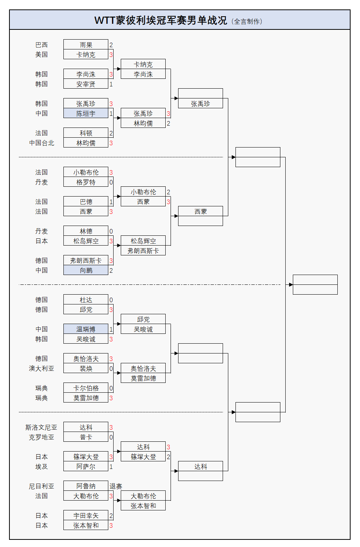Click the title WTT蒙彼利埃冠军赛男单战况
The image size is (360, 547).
pyautogui.click(x=161, y=20)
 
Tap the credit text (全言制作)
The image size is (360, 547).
pyautogui.click(x=247, y=22)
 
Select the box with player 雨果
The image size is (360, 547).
pyautogui.click(x=86, y=45)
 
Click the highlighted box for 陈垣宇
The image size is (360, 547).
pyautogui.click(x=86, y=113)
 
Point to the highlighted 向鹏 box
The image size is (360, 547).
pyautogui.click(x=86, y=270)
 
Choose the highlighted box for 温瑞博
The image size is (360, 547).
pyautogui.click(x=86, y=329)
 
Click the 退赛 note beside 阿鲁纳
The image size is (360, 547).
pyautogui.click(x=116, y=486)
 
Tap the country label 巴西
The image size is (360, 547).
pyautogui.click(x=42, y=45)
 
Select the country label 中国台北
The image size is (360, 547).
pyautogui.click(x=42, y=143)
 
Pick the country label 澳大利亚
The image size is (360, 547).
pyautogui.click(x=42, y=368)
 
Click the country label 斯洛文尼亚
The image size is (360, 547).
pyautogui.click(x=42, y=427)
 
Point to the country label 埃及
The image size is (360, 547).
pyautogui.click(x=42, y=466)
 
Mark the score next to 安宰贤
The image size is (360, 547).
pyautogui.click(x=111, y=84)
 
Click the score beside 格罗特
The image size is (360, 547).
pyautogui.click(x=111, y=182)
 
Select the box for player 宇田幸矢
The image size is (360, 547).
pyautogui.click(x=86, y=515)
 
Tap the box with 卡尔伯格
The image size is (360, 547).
pyautogui.click(x=86, y=388)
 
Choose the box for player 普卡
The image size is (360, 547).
pyautogui.click(x=86, y=437)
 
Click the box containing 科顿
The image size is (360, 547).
pyautogui.click(x=86, y=133)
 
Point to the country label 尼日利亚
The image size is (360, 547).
pyautogui.click(x=42, y=486)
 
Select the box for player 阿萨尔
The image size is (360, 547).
pyautogui.click(x=86, y=466)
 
